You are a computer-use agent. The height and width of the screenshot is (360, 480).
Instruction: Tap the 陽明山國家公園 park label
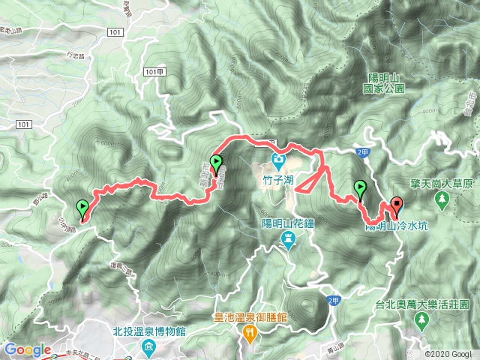pos(387,82)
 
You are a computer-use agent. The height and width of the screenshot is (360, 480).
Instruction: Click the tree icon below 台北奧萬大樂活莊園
pos(421,320)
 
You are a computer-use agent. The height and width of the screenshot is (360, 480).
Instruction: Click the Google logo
pos(27,349)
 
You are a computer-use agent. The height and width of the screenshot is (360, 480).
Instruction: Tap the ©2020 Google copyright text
pos(448,354)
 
